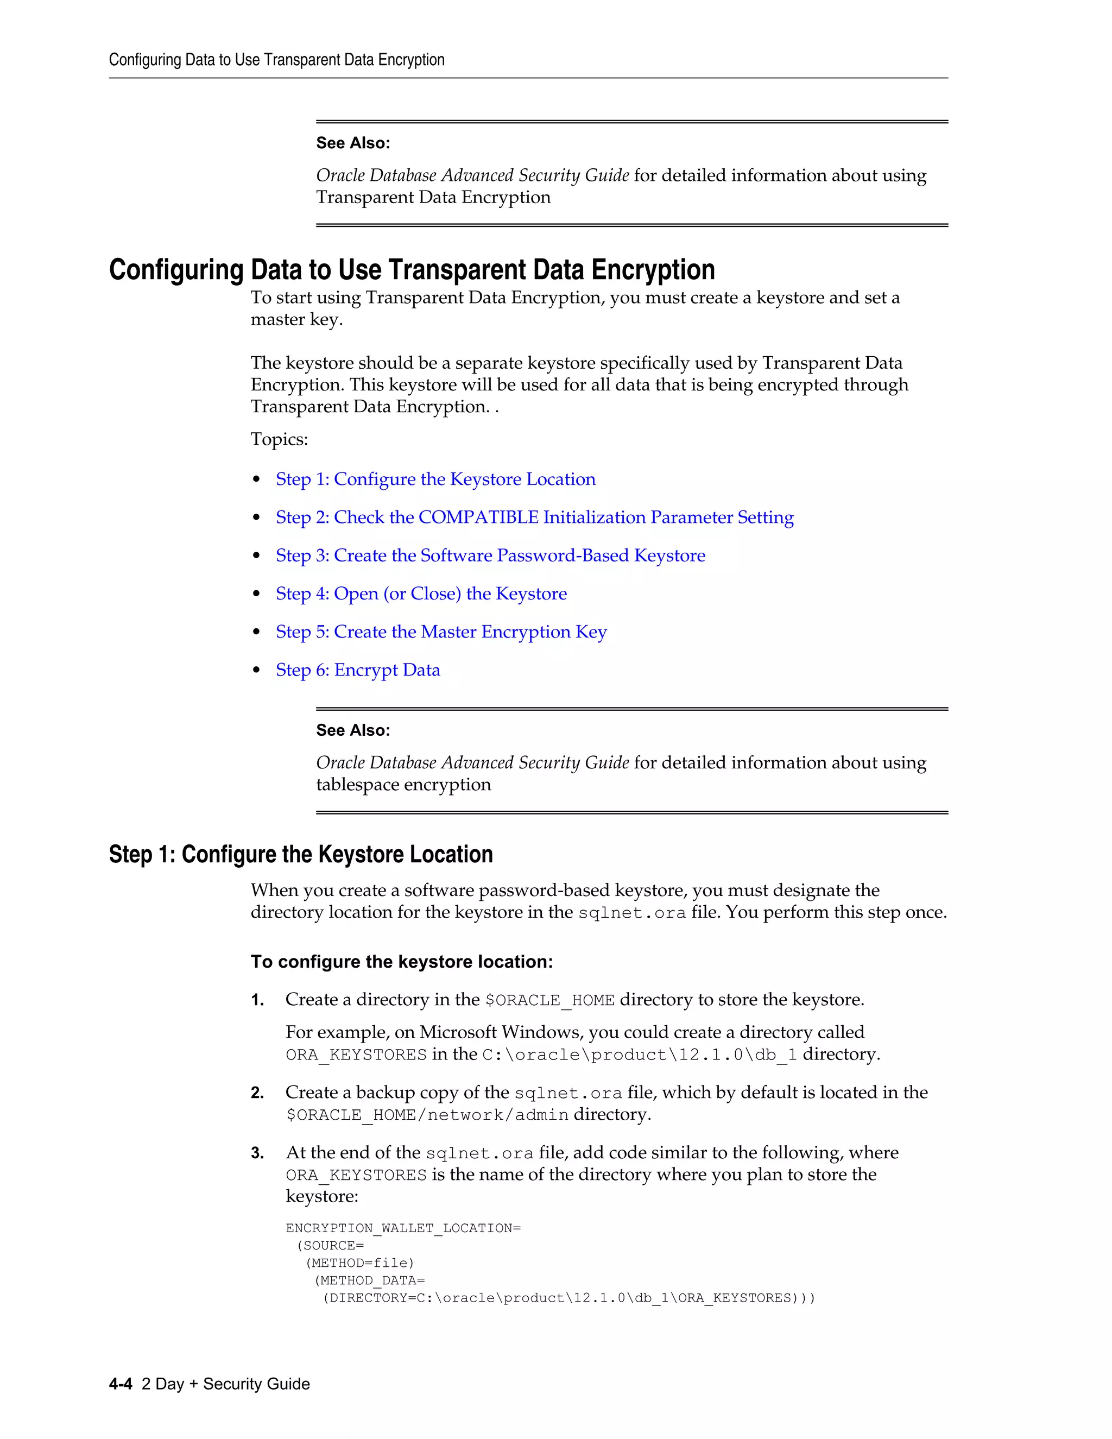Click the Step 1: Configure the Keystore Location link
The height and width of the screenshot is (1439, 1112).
(x=435, y=479)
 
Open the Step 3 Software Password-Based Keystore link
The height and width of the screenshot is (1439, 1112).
(x=490, y=556)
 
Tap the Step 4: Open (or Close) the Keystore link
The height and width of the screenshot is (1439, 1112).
(x=421, y=594)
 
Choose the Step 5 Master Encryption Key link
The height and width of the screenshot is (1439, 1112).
(x=441, y=632)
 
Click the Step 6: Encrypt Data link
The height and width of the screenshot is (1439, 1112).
(x=358, y=670)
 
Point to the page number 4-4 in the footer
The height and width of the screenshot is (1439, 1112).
(x=121, y=1384)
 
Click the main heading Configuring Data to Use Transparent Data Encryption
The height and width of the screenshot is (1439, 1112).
(x=412, y=270)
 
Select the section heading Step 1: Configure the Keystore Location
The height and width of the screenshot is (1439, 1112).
(x=300, y=855)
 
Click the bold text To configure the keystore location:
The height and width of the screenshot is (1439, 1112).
(x=401, y=962)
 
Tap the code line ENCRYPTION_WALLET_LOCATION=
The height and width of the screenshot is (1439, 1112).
(x=402, y=1228)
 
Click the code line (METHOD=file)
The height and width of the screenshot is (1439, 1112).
(x=359, y=1263)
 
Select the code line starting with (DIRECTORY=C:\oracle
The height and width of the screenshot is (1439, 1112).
(x=568, y=1298)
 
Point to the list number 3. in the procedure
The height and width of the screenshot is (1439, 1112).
(x=257, y=1153)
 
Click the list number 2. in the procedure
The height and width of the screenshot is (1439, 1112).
(x=257, y=1093)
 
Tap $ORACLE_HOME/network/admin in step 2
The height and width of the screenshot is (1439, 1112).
(x=427, y=1115)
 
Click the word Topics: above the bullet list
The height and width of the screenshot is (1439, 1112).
(x=279, y=439)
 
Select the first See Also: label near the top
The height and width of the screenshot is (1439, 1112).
(x=352, y=143)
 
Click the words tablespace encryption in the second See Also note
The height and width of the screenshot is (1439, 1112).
(x=403, y=785)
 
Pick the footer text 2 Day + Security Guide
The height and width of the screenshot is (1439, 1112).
(x=225, y=1384)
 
